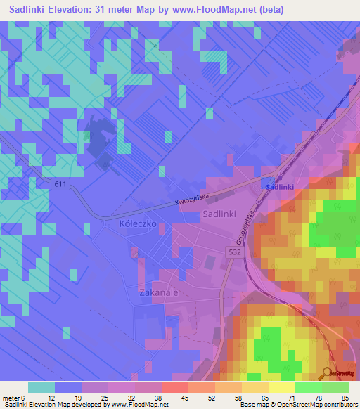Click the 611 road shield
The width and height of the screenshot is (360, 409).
tap(61, 183)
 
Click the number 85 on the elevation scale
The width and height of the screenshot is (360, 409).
tap(345, 396)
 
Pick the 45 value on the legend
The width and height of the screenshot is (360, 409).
tap(184, 396)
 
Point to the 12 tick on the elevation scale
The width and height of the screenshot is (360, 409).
tap(51, 396)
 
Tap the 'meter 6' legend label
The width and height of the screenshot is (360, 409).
tap(15, 396)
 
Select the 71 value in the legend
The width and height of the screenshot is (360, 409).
tap(291, 396)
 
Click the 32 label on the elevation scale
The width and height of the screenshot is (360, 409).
tap(131, 396)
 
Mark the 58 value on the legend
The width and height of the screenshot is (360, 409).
tap(238, 396)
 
